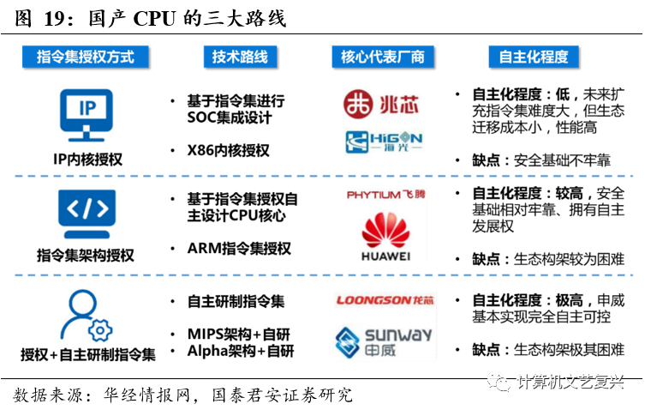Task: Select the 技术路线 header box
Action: [x=240, y=57]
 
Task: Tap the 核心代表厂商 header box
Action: [x=382, y=57]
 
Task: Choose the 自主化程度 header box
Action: [x=534, y=57]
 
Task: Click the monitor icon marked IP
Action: [x=87, y=113]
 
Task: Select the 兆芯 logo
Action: [x=381, y=104]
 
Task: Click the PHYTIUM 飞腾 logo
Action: [x=383, y=196]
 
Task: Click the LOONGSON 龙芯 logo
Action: [x=382, y=300]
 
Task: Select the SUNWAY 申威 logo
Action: [x=383, y=341]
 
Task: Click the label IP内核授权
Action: [x=87, y=160]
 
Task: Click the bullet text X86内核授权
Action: [x=228, y=151]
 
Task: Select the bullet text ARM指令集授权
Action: [x=239, y=249]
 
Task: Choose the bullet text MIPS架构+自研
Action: [x=240, y=333]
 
